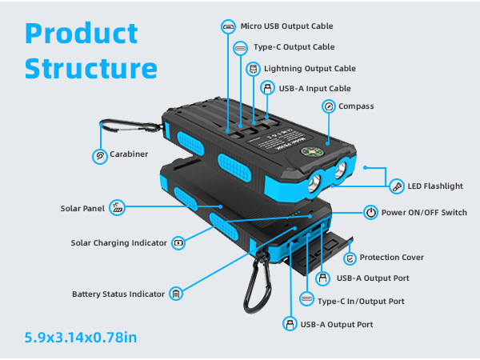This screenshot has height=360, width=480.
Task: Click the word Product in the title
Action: tap(81, 34)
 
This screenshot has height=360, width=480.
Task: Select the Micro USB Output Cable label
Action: tap(286, 26)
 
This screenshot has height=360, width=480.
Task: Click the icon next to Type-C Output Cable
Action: tap(241, 48)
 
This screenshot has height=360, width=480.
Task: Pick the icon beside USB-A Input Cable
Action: tap(268, 88)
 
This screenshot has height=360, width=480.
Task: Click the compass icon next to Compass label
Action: tap(328, 106)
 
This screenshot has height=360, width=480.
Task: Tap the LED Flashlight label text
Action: tap(436, 186)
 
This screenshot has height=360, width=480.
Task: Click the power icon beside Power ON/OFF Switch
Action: tap(370, 212)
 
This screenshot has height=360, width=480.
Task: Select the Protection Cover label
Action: tap(391, 258)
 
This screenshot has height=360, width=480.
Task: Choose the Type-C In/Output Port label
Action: tap(361, 301)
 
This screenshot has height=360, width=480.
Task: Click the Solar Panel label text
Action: tap(82, 209)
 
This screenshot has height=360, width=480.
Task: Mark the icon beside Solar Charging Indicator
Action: tap(178, 242)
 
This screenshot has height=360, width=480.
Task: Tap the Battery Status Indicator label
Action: tap(119, 294)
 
